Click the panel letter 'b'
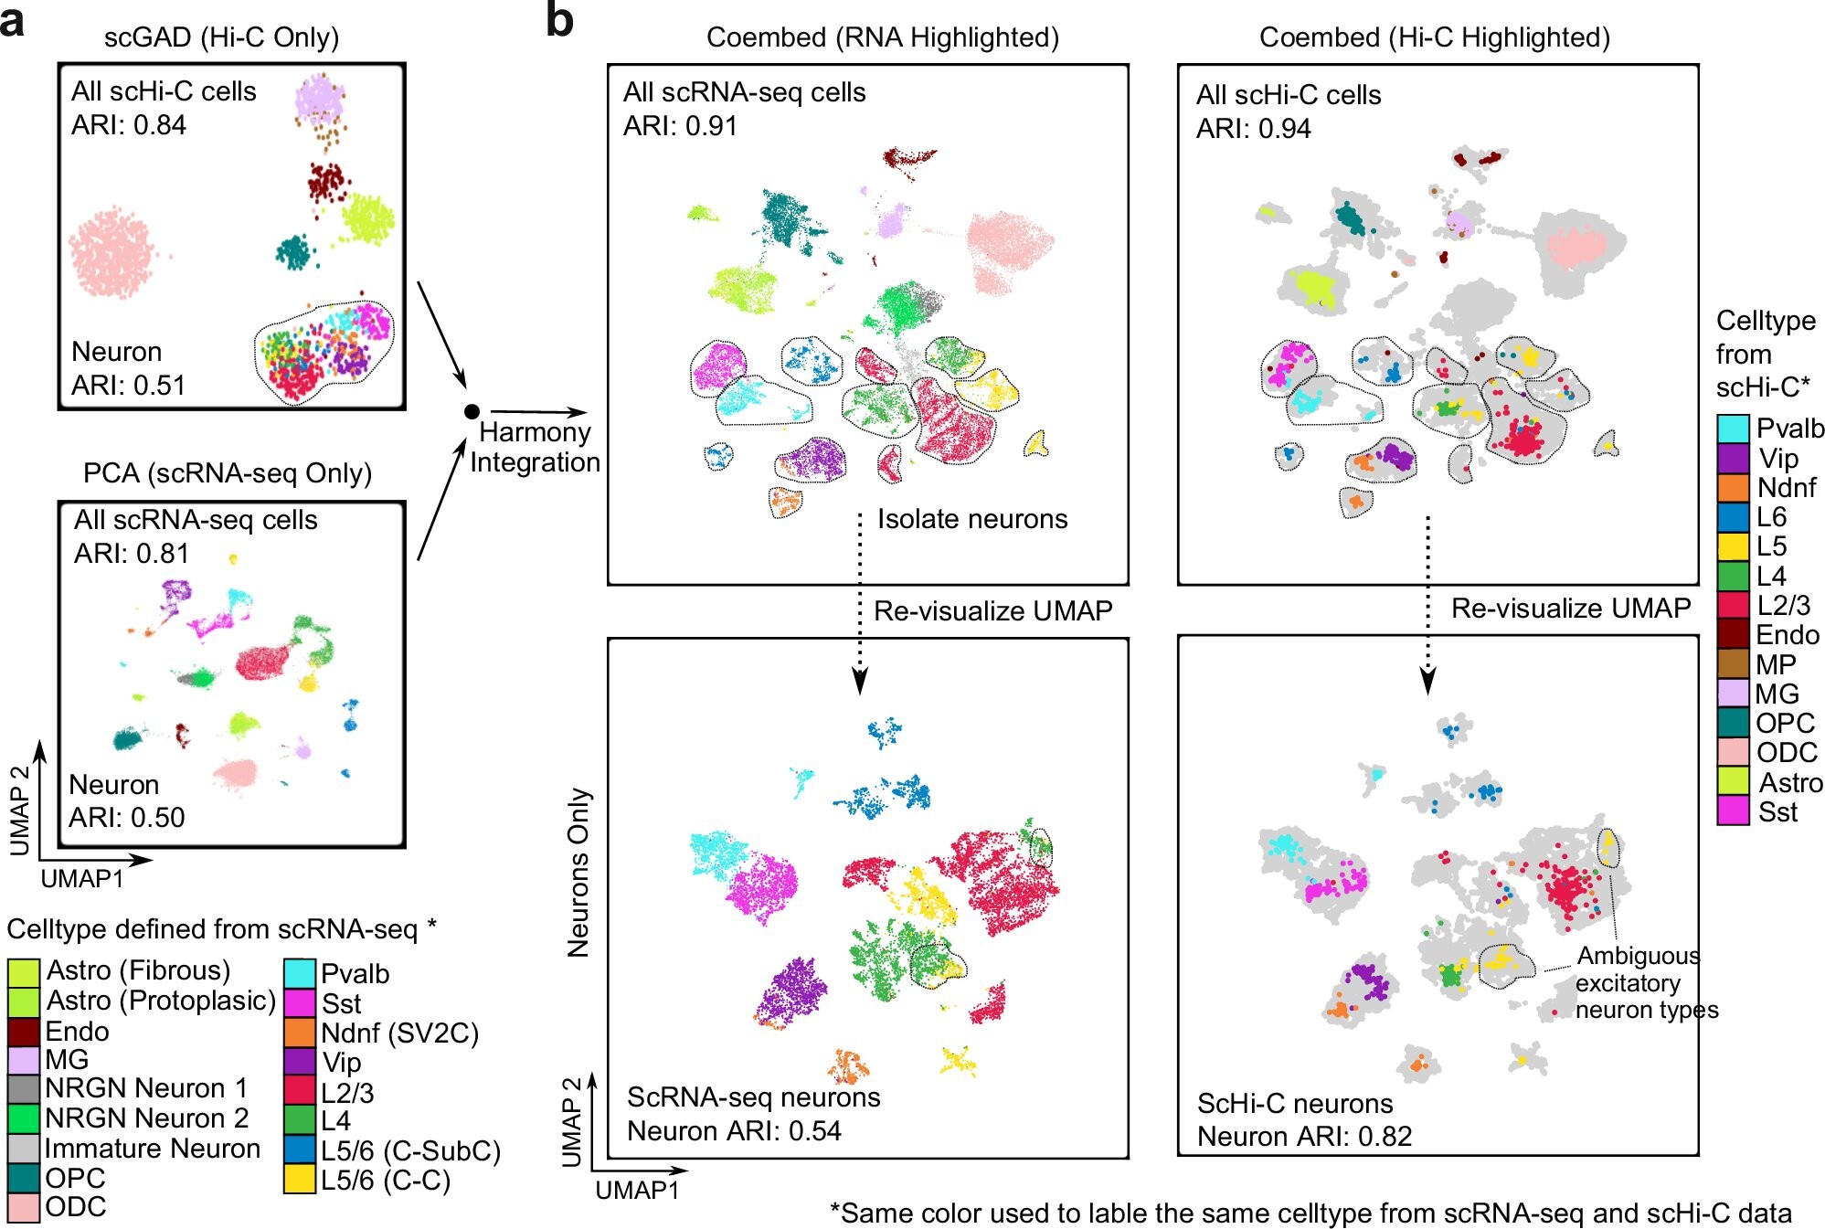[x=559, y=20]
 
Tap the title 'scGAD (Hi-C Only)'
[x=221, y=37]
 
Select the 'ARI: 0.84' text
[x=129, y=125]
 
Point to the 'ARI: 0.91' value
[x=680, y=126]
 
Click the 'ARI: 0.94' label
[x=1253, y=129]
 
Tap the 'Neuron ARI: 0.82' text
[x=1304, y=1136]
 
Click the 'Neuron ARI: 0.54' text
[x=734, y=1130]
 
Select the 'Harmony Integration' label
[x=535, y=447]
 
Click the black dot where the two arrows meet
[x=472, y=412]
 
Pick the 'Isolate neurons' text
[x=972, y=519]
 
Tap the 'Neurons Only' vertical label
[x=578, y=873]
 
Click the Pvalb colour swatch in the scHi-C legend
[x=1733, y=429]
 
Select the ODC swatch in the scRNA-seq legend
[x=23, y=1207]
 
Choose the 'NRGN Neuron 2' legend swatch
[x=23, y=1118]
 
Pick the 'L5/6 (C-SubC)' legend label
[x=410, y=1150]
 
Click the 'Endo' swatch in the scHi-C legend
[x=1733, y=634]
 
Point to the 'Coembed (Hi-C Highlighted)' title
[x=1434, y=37]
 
